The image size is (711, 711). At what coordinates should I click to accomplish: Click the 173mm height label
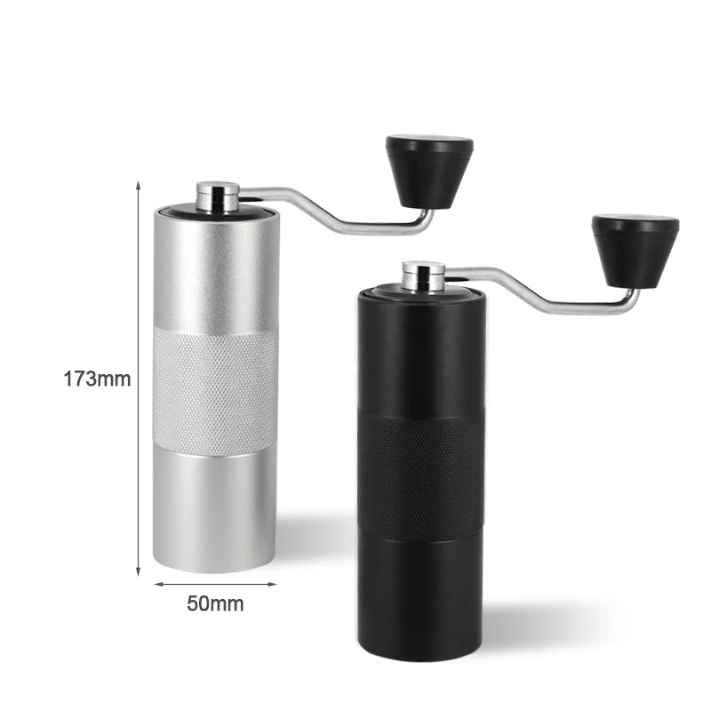point(97,379)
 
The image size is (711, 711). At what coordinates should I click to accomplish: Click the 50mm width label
point(215,604)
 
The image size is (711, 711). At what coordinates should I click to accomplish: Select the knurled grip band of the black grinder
point(421,467)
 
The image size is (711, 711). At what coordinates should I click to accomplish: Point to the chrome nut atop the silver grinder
point(218,196)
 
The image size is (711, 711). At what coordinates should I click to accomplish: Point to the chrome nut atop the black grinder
point(422,276)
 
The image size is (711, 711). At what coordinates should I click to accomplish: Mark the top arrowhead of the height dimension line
point(139,184)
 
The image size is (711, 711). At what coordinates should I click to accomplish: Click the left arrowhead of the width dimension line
point(157,584)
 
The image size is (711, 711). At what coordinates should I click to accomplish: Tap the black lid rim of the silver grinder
point(178,211)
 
